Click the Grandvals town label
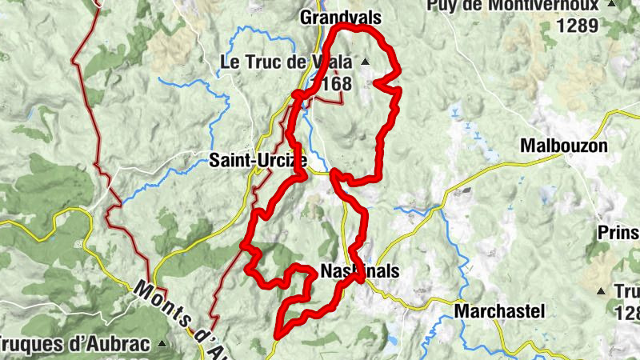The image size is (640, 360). [x=339, y=17]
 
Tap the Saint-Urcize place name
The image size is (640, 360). [x=258, y=160]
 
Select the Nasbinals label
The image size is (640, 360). [x=358, y=272]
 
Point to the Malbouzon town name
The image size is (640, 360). [x=563, y=146]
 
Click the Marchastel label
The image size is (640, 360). [x=499, y=310]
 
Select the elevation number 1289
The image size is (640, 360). [x=578, y=25]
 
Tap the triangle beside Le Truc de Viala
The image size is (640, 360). [x=366, y=62]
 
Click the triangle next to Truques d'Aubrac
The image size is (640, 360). [x=162, y=345]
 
